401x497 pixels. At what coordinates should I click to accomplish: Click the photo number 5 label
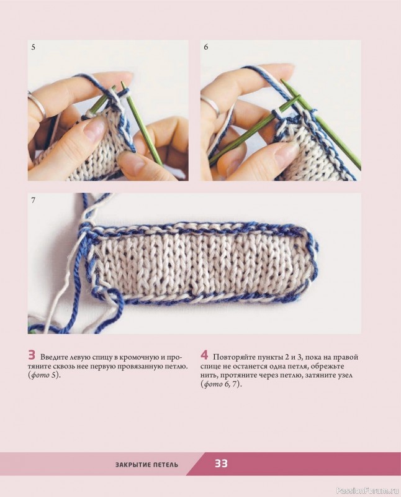pyautogui.click(x=34, y=47)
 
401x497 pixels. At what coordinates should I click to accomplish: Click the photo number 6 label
pyautogui.click(x=206, y=47)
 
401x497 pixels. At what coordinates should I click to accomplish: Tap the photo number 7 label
pyautogui.click(x=34, y=200)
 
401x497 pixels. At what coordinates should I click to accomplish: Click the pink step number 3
pyautogui.click(x=32, y=355)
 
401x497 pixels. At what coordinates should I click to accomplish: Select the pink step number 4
pyautogui.click(x=204, y=355)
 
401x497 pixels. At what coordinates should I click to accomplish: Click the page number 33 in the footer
pyautogui.click(x=222, y=463)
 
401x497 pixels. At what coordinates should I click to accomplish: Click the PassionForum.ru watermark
pyautogui.click(x=367, y=491)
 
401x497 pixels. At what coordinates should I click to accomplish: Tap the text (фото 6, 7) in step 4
pyautogui.click(x=221, y=385)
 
